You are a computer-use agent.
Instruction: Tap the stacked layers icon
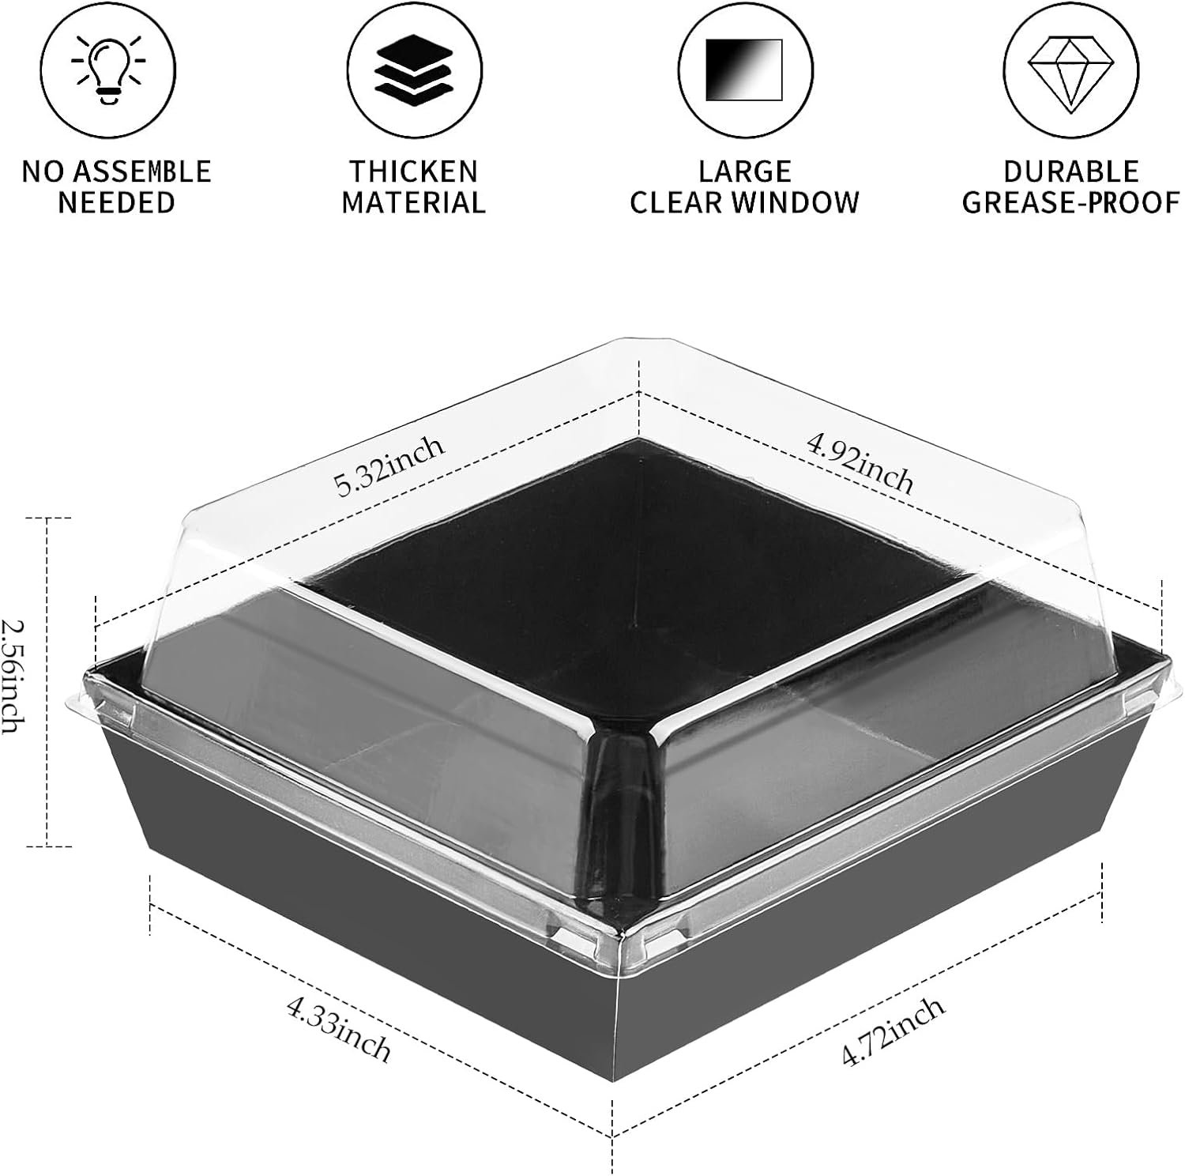[x=412, y=69]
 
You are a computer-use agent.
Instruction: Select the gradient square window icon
[x=743, y=69]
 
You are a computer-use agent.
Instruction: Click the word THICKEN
[x=414, y=171]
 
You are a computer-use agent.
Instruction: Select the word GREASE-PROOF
[x=1070, y=202]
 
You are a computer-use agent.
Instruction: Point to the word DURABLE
[x=1070, y=171]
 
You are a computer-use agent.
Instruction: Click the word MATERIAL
[x=413, y=202]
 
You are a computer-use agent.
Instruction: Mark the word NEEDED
[x=116, y=202]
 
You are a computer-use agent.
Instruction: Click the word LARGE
[x=744, y=171]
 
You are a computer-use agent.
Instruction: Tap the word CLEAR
[x=676, y=202]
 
